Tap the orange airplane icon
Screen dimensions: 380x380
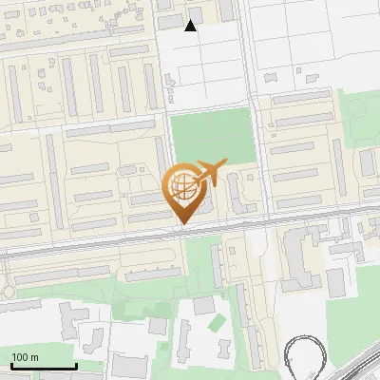tap(208, 174)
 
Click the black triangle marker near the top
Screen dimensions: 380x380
tap(191, 26)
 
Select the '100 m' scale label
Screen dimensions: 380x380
tap(26, 357)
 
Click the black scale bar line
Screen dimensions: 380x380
tap(44, 366)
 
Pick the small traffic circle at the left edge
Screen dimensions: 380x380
tap(8, 291)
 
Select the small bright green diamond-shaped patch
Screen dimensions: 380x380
tap(218, 323)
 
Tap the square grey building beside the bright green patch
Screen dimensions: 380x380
tap(203, 306)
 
